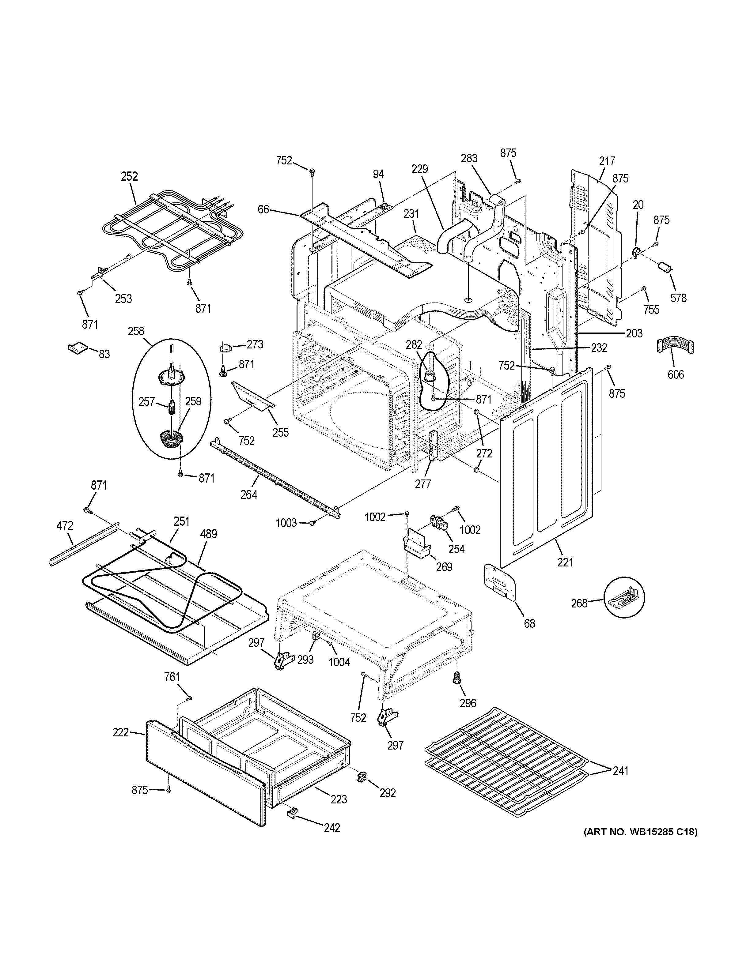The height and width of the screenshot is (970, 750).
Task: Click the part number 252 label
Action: tap(129, 176)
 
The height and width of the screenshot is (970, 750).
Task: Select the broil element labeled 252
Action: tap(173, 231)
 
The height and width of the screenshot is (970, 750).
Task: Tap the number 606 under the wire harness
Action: tap(675, 374)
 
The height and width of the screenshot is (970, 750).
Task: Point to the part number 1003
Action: tap(286, 523)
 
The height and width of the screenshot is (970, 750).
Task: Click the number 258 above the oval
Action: tap(136, 331)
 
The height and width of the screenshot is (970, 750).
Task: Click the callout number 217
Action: tap(607, 161)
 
